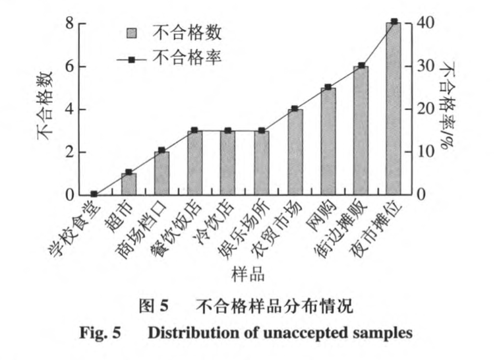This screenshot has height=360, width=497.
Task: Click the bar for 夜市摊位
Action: [x=394, y=109]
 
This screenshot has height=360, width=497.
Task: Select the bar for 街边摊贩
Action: [x=361, y=131]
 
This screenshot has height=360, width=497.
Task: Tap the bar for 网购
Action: [x=328, y=141]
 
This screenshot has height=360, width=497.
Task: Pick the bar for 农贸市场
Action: [x=295, y=152]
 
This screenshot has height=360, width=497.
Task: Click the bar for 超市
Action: [x=128, y=184]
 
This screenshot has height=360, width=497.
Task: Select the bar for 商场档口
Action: [x=161, y=173]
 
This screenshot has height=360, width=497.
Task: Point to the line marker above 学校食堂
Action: [x=94, y=195]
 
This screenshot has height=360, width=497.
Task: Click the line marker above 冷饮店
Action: [x=227, y=131]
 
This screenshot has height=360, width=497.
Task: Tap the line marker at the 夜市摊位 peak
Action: [x=394, y=22]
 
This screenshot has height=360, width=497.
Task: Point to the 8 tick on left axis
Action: [x=69, y=24]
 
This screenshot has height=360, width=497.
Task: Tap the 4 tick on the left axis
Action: [x=69, y=109]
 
